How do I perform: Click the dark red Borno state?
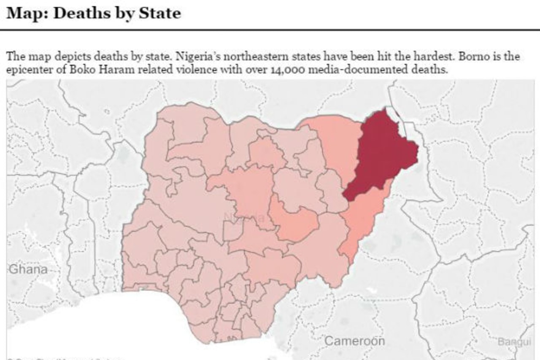[382, 156]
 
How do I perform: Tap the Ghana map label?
[28, 269]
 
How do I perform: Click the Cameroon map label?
[354, 341]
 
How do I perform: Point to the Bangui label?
[514, 341]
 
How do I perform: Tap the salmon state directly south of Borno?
[363, 219]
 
